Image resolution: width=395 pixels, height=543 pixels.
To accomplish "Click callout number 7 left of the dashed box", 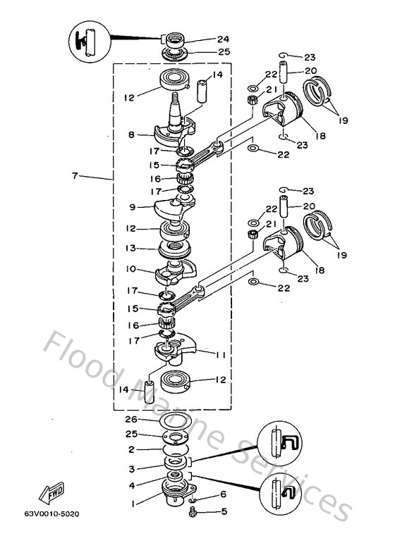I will [75, 177].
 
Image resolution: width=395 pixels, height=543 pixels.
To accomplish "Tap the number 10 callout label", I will [132, 268].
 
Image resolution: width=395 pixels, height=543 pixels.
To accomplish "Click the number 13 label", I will [132, 248].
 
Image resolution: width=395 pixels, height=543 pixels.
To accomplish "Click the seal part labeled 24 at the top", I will [171, 39].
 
